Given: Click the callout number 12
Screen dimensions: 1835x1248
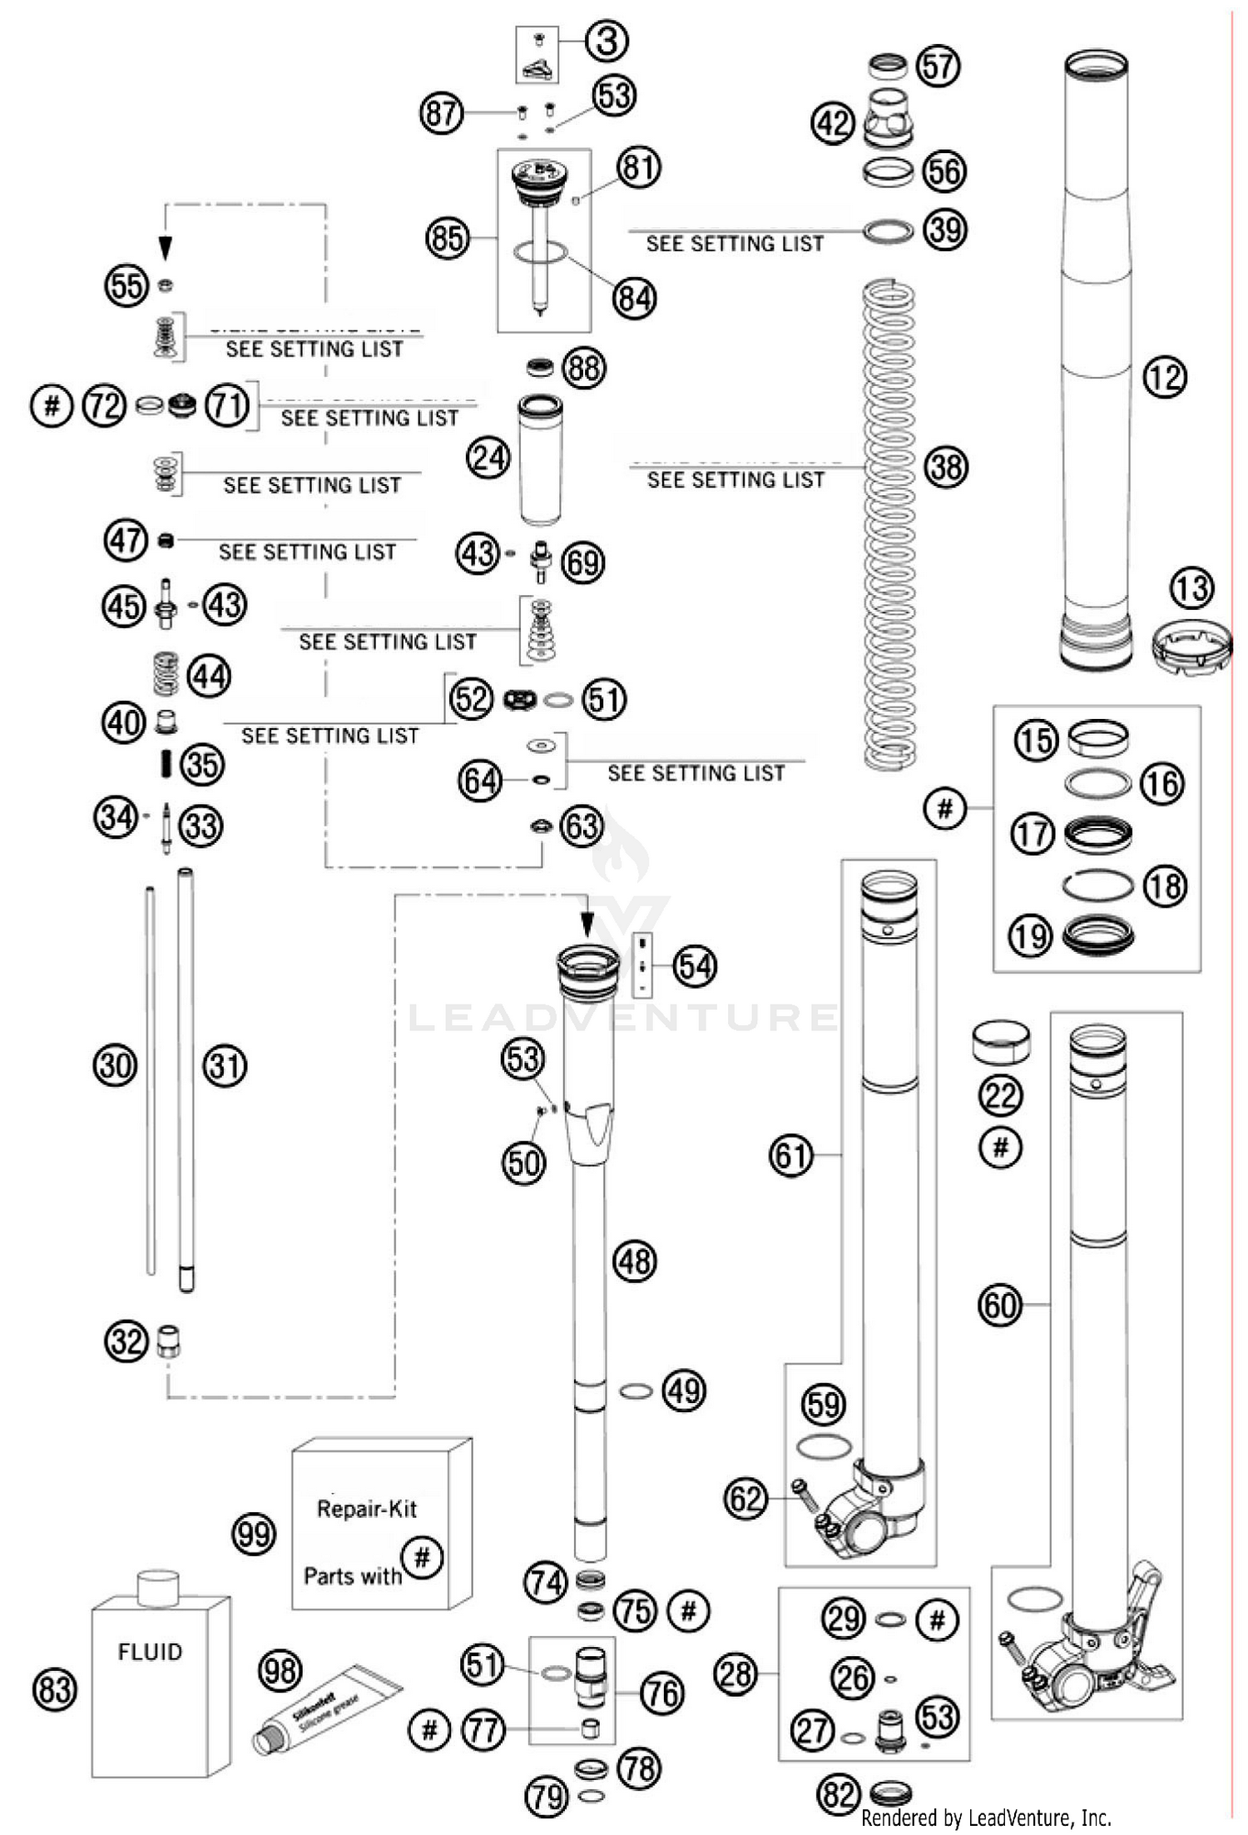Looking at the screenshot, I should [x=1164, y=377].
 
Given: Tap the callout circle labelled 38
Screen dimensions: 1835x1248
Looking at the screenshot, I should [x=946, y=467].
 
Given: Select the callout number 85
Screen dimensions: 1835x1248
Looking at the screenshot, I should [x=447, y=239].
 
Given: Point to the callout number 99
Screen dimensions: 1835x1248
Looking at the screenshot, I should [x=254, y=1532].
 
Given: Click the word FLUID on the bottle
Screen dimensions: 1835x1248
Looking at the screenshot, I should [x=150, y=1651].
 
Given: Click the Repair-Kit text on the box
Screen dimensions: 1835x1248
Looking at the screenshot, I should [x=367, y=1509].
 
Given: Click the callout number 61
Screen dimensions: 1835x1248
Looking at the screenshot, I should [x=790, y=1155].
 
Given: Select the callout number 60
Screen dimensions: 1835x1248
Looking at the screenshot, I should [x=999, y=1305].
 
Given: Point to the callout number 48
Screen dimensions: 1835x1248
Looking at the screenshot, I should [x=634, y=1261].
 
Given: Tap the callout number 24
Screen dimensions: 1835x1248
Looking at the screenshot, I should [x=488, y=457].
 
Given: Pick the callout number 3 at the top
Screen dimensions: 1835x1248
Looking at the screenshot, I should [x=607, y=40].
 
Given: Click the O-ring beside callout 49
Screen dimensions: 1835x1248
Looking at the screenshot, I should [x=636, y=1391].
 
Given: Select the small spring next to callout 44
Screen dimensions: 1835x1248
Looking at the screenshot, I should [x=166, y=673].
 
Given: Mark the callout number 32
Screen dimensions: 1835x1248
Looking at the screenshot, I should [x=126, y=1342].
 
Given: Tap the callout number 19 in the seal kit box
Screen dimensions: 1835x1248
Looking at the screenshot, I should [x=1031, y=936].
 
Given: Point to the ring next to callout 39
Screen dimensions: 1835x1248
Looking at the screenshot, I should [x=888, y=231].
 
